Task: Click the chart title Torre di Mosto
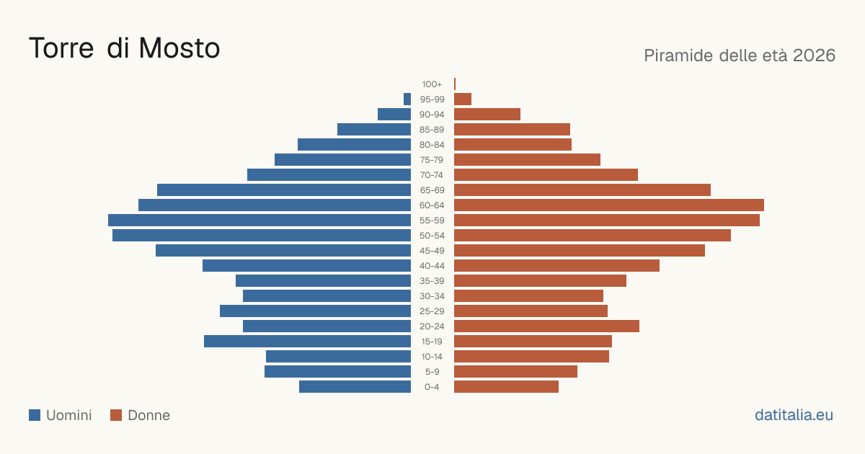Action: [x=124, y=48]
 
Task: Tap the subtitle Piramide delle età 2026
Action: [x=740, y=55]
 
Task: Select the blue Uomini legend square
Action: [x=35, y=415]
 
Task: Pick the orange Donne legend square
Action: [x=116, y=415]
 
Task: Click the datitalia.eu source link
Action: [x=794, y=415]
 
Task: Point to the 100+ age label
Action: [x=432, y=84]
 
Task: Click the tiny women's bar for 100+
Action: [x=455, y=84]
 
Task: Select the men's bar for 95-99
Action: [x=407, y=99]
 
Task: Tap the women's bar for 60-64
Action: [x=609, y=205]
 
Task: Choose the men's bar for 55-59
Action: [x=259, y=220]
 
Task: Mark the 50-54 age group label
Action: [x=432, y=236]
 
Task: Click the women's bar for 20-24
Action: [x=546, y=326]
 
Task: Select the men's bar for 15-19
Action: [x=307, y=342]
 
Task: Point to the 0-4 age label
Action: [x=432, y=387]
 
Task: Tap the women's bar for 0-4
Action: [x=506, y=387]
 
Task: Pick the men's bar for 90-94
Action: [x=394, y=115]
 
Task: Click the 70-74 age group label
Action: [x=431, y=175]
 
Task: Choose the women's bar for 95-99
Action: [x=463, y=99]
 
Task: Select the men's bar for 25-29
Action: [x=315, y=311]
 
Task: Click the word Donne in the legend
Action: [x=148, y=415]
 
